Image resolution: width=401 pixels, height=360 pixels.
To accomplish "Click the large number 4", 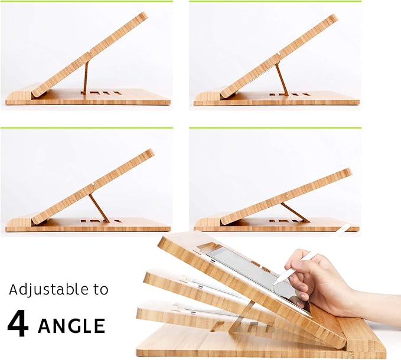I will [x=18, y=325].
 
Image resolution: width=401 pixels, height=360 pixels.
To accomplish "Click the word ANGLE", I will [x=71, y=326].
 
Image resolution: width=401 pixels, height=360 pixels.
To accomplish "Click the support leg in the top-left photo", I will [x=85, y=77].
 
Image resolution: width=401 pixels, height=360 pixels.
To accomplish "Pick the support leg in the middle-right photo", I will [x=293, y=212].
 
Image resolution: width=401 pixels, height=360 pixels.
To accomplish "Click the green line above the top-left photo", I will [x=86, y=1].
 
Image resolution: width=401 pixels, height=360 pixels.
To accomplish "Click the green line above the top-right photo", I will [x=275, y=1].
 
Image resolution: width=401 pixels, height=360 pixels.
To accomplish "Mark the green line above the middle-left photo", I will [x=86, y=127].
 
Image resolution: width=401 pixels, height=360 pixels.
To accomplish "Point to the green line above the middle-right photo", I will [x=275, y=127].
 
